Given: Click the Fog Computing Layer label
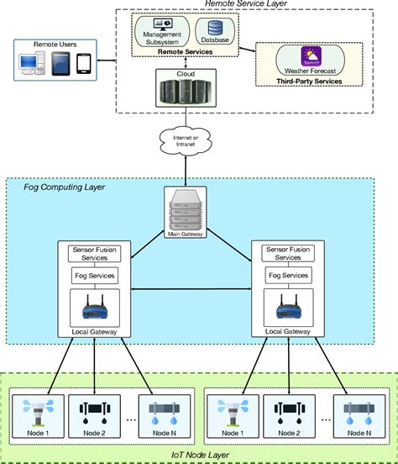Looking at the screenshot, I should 64,187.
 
